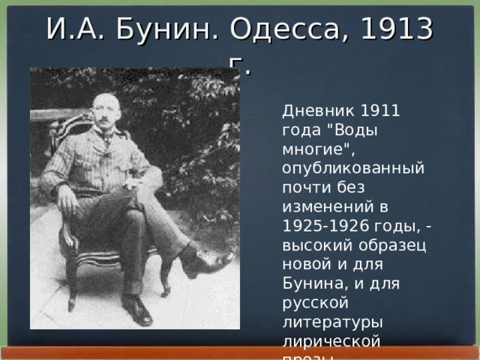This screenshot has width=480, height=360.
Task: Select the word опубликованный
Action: (352, 166)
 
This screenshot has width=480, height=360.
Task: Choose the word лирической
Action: (331, 340)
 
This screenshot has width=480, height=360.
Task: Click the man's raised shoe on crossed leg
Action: (208, 263)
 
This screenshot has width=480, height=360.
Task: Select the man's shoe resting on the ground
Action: (137, 309)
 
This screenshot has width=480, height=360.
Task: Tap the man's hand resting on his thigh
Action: (67, 199)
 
